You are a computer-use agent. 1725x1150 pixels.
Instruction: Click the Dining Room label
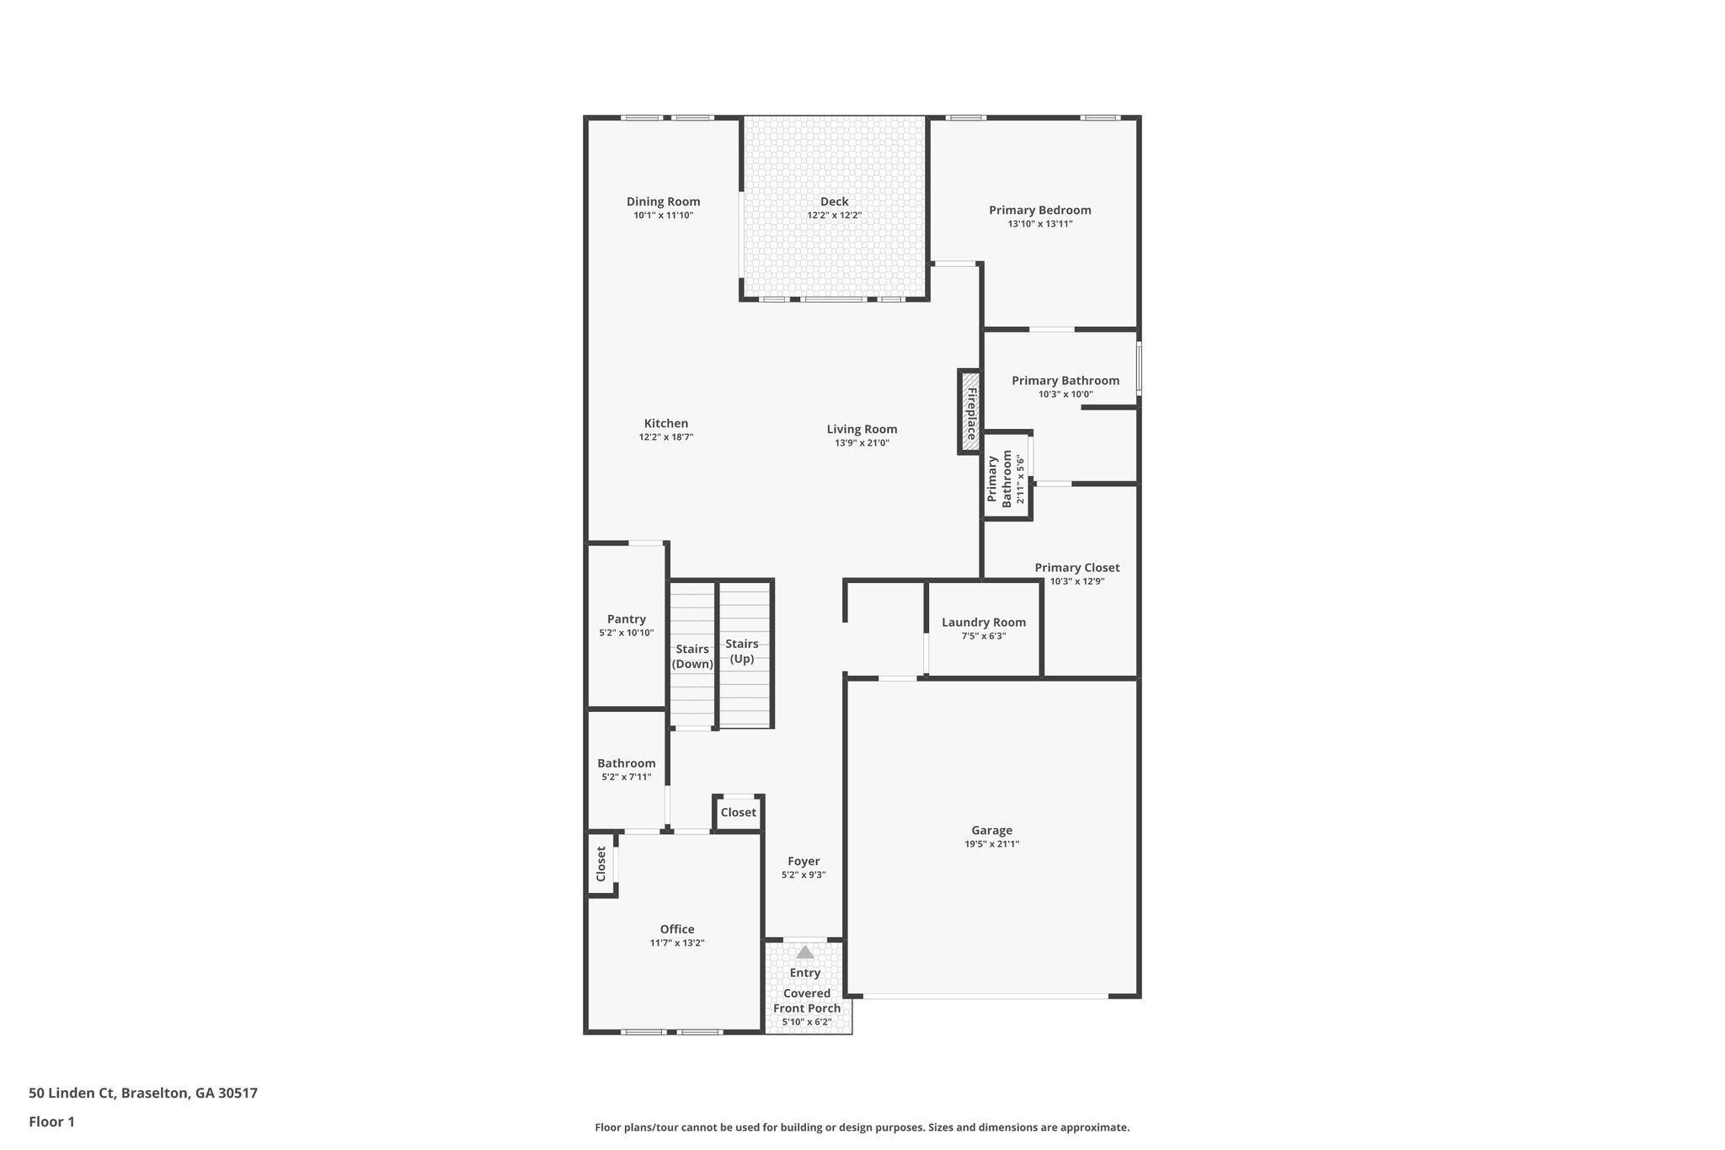pyautogui.click(x=663, y=201)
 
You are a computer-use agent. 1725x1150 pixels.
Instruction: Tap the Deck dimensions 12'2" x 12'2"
pyautogui.click(x=834, y=216)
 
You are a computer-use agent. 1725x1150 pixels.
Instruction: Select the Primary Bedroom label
pyautogui.click(x=1039, y=210)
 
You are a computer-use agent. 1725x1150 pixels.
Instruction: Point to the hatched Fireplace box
pyautogui.click(x=969, y=412)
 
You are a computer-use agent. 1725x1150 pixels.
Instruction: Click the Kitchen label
pyautogui.click(x=665, y=424)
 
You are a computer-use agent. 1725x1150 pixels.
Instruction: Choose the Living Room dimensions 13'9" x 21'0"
pyautogui.click(x=862, y=443)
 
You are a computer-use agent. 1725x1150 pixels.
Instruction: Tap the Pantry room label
pyautogui.click(x=626, y=619)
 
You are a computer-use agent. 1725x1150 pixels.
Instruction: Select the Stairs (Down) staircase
pyautogui.click(x=692, y=655)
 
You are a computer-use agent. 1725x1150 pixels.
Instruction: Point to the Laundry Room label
pyautogui.click(x=983, y=623)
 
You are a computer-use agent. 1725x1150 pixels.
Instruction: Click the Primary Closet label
pyautogui.click(x=1076, y=568)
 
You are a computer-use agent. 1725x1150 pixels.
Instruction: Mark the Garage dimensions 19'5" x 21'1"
pyautogui.click(x=991, y=844)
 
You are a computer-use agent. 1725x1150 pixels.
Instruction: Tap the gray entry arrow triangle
pyautogui.click(x=805, y=952)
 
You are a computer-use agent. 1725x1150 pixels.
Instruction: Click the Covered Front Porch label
pyautogui.click(x=806, y=1000)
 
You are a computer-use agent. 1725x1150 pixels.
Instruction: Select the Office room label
pyautogui.click(x=676, y=929)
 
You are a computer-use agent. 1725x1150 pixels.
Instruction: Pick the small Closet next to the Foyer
pyautogui.click(x=738, y=812)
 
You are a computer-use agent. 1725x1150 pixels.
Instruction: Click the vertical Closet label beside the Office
pyautogui.click(x=601, y=864)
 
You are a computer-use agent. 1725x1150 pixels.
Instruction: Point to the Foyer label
pyautogui.click(x=803, y=861)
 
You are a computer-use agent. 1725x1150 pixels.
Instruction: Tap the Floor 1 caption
pyautogui.click(x=51, y=1121)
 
